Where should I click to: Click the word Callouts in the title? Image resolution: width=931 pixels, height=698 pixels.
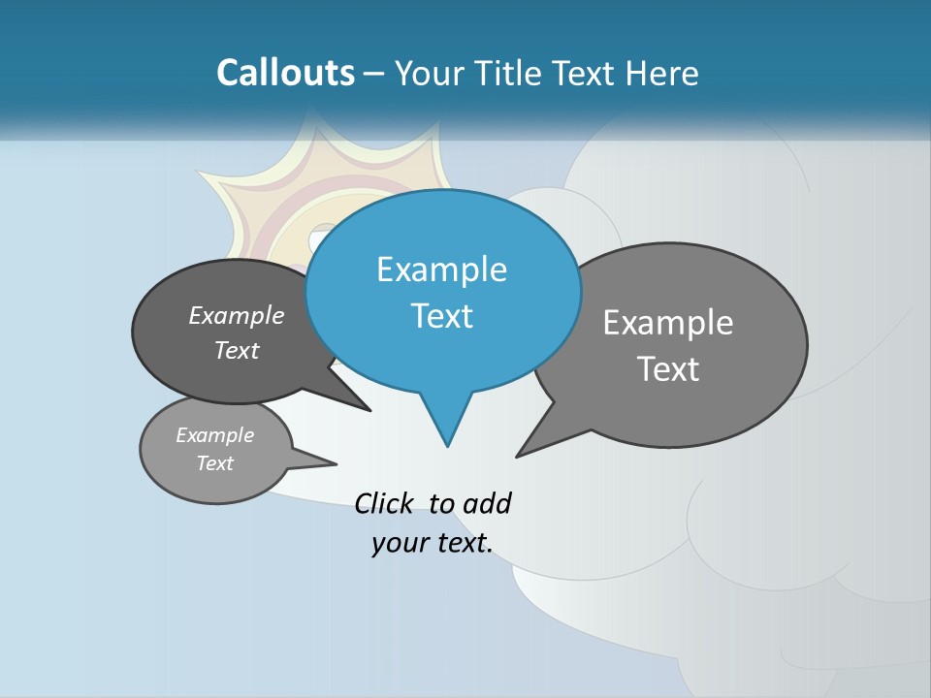[x=285, y=73]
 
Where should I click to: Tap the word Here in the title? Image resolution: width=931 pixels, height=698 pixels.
[x=663, y=74]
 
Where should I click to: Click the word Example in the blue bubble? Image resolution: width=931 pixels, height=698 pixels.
[x=441, y=270]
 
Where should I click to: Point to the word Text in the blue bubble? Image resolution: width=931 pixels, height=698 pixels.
[x=441, y=316]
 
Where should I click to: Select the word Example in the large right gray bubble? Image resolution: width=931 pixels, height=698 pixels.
[x=668, y=323]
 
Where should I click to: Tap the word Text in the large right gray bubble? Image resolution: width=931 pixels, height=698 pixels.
[x=668, y=369]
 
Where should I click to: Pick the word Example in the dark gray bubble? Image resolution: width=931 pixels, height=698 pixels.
[x=237, y=316]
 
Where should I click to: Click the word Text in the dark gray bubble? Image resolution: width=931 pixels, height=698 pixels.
[x=237, y=351]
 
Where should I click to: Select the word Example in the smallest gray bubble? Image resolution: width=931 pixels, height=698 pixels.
[x=214, y=435]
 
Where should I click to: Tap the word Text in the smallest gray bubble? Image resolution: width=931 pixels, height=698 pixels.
[x=214, y=463]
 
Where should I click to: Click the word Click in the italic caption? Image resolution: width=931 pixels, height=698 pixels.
[x=385, y=503]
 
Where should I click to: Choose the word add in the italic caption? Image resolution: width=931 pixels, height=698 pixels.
[x=487, y=503]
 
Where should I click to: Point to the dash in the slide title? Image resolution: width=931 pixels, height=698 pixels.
[x=375, y=74]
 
